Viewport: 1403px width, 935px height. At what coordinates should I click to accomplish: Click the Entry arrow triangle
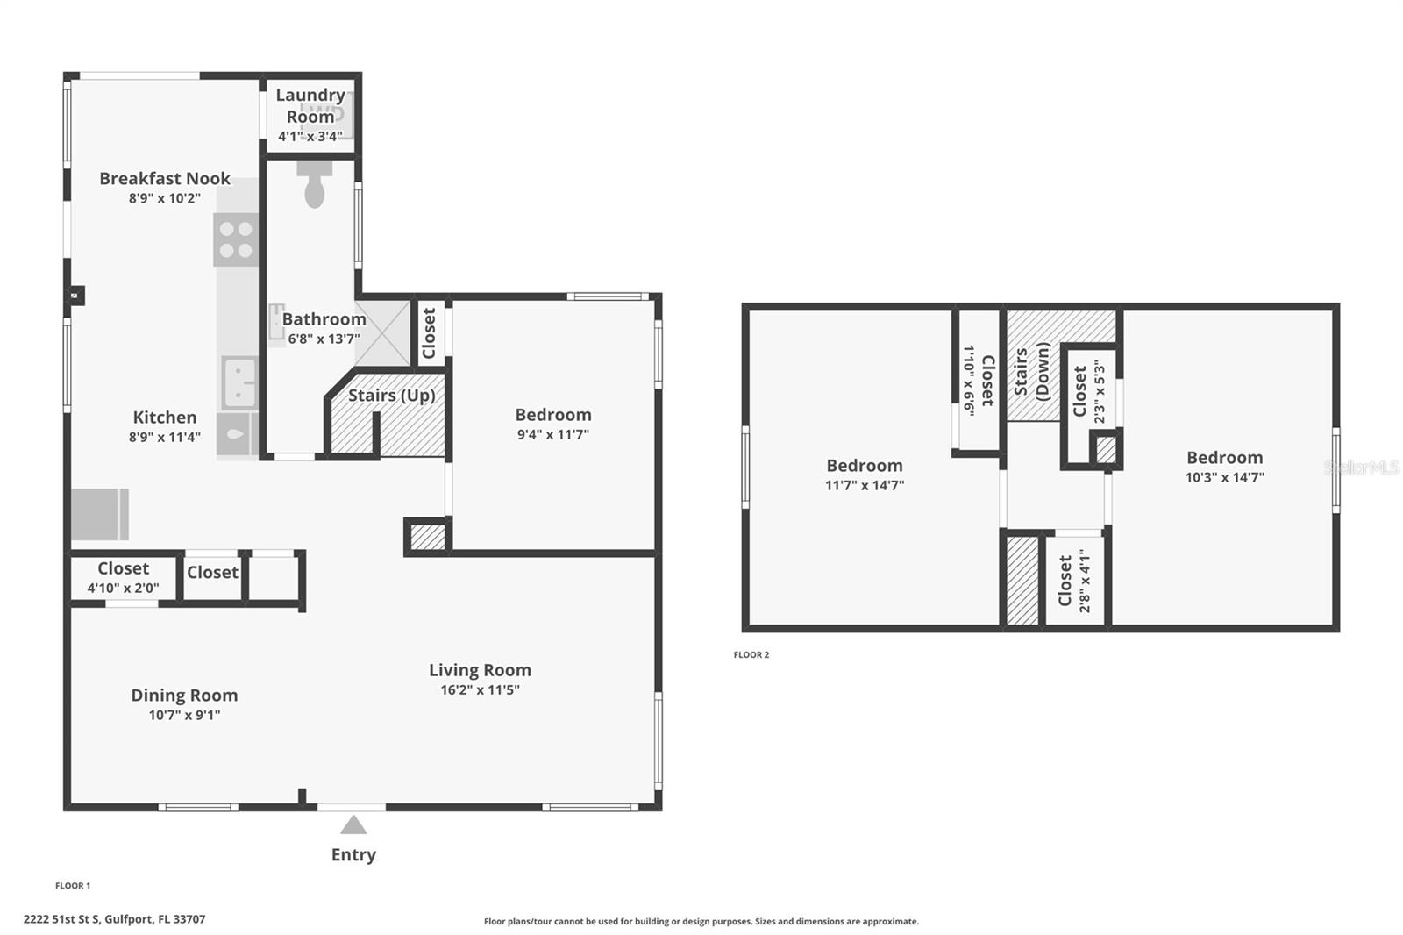(x=353, y=825)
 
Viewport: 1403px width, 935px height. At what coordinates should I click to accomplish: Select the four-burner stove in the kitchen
(x=236, y=239)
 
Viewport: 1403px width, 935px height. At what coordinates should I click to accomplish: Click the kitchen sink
(x=239, y=383)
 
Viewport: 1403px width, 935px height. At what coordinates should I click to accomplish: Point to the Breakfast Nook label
(x=165, y=179)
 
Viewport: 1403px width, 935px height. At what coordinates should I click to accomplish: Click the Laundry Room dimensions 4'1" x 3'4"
(x=310, y=137)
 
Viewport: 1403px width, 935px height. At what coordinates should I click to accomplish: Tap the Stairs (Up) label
(x=391, y=396)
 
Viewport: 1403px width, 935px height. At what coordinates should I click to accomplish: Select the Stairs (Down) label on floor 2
(x=1031, y=373)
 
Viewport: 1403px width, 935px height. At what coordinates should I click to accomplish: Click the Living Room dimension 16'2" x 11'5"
(x=480, y=690)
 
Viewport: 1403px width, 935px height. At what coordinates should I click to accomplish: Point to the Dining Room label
(x=184, y=696)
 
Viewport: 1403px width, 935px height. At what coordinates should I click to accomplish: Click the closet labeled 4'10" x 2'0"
(x=123, y=578)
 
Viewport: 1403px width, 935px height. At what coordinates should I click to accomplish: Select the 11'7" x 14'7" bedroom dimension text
(x=864, y=485)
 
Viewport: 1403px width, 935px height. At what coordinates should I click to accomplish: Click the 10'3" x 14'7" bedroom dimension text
(x=1224, y=478)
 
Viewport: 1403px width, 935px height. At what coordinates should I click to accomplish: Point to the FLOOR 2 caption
(x=751, y=655)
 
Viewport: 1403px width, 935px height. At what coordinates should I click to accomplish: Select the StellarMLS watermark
(x=1361, y=468)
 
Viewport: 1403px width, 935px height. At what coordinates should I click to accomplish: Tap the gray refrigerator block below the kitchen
(x=99, y=514)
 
